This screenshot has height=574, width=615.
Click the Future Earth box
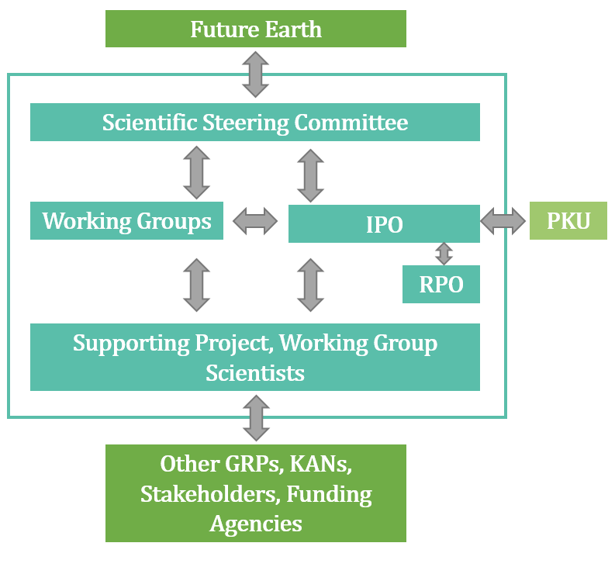[256, 29]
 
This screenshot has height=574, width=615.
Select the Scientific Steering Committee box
[255, 122]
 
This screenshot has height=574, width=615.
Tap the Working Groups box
[126, 220]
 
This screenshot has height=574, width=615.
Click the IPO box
[384, 223]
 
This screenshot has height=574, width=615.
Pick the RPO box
[441, 284]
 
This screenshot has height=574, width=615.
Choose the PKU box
[568, 220]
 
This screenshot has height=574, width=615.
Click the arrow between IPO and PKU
[503, 221]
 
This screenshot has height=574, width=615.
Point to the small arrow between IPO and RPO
[444, 254]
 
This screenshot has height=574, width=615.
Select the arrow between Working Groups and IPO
[255, 221]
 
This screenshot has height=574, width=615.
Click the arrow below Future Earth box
[255, 74]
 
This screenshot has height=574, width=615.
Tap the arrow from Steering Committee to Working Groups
[196, 173]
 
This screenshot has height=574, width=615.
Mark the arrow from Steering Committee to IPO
[311, 175]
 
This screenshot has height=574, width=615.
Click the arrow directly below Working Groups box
[196, 285]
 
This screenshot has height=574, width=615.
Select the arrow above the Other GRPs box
[256, 418]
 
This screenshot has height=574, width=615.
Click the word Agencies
[256, 524]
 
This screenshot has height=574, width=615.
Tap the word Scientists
[255, 373]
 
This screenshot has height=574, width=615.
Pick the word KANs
[320, 464]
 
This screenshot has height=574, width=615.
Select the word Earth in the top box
[293, 29]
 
